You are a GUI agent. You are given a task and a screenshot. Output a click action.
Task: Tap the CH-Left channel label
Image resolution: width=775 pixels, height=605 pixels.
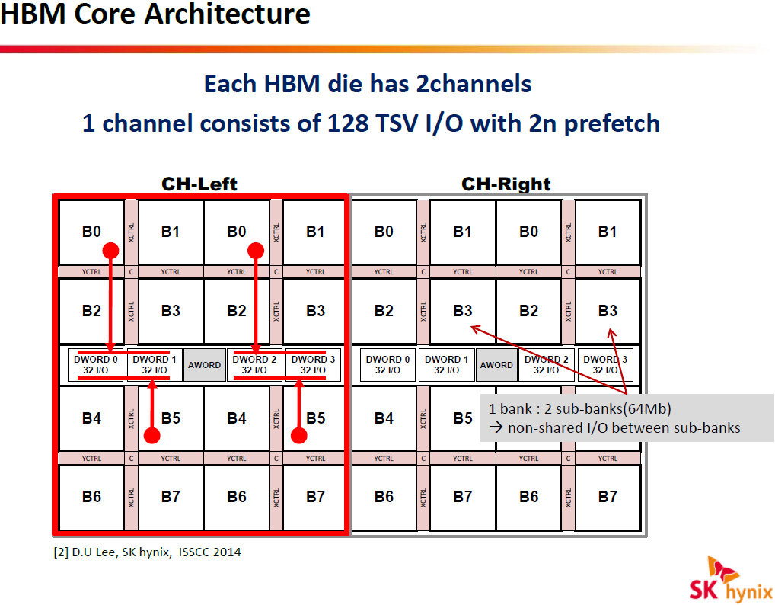coord(199,184)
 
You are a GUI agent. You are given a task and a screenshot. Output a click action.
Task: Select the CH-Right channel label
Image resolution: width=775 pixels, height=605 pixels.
coord(506,184)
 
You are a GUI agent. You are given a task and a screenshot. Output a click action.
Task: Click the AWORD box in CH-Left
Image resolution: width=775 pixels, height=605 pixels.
coord(204,365)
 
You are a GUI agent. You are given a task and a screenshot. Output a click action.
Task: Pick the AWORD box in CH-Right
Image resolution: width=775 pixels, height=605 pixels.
coord(496,365)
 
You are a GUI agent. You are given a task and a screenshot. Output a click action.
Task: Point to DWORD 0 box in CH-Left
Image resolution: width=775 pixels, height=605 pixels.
coord(97,365)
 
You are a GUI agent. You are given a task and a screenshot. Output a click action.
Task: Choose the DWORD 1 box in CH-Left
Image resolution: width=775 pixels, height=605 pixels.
coord(155,365)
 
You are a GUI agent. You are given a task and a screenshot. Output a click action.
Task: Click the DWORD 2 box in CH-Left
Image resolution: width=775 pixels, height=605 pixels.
coord(255,365)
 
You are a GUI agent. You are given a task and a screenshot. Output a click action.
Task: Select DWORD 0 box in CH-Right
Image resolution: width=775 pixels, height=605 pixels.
coord(388,365)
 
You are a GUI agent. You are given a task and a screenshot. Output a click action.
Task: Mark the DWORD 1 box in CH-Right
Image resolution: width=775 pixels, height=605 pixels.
coord(447,365)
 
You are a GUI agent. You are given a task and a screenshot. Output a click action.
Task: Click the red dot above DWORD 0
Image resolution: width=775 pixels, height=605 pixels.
coord(111,250)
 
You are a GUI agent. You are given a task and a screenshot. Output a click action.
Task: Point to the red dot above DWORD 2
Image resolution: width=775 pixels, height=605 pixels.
coord(256,250)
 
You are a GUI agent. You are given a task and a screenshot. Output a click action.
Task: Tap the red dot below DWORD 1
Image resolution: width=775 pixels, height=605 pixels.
coord(152,435)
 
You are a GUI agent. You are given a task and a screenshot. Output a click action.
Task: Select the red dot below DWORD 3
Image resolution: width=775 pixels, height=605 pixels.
coord(299,435)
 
